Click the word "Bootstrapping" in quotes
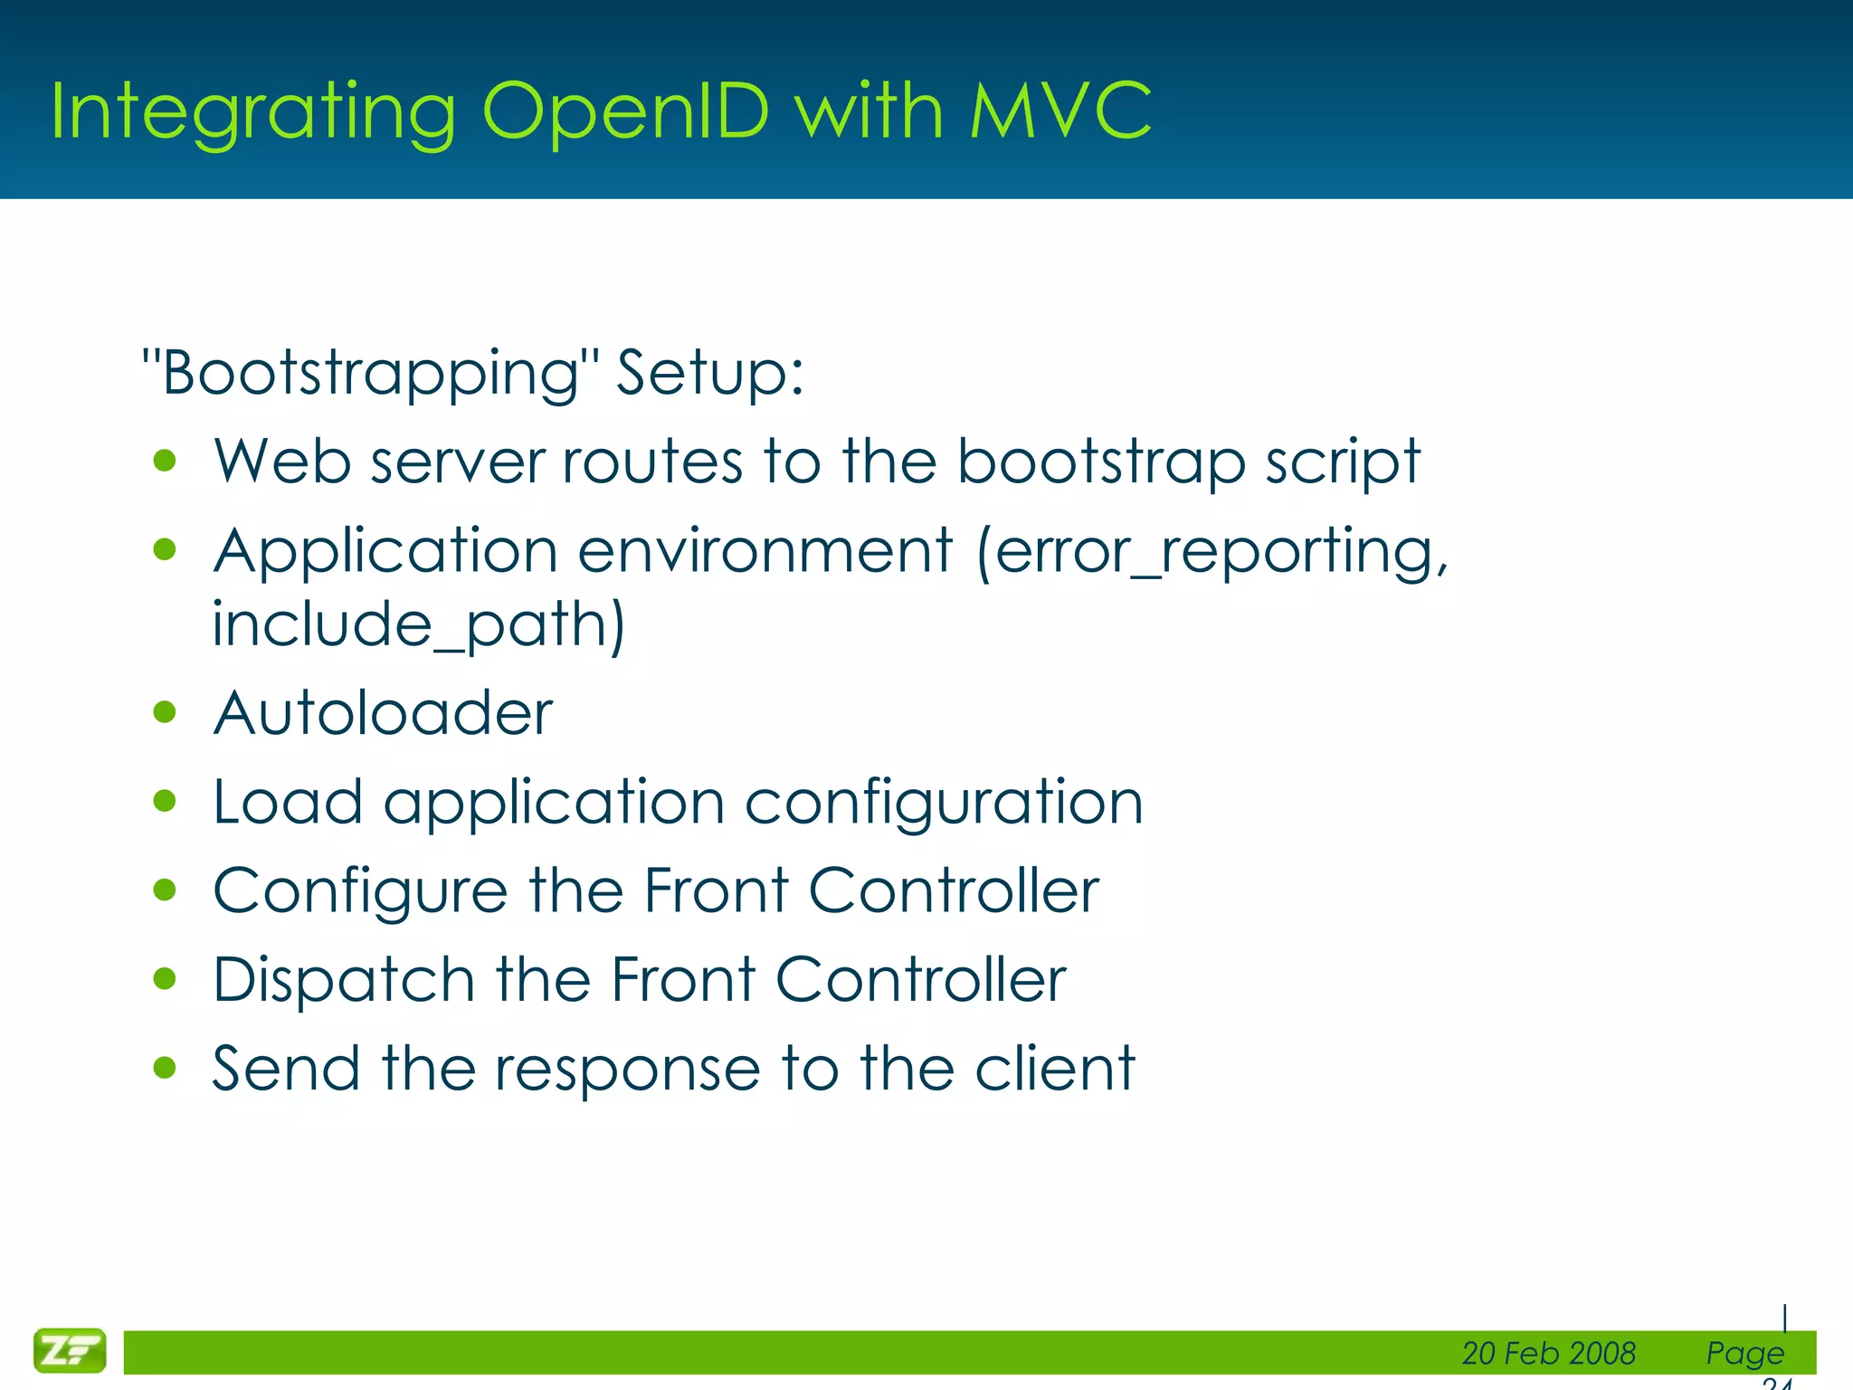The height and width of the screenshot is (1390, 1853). pyautogui.click(x=371, y=373)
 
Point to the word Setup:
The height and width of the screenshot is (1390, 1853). pyautogui.click(x=709, y=373)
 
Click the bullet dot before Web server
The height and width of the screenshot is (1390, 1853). pyautogui.click(x=165, y=462)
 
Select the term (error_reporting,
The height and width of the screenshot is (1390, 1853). pyautogui.click(x=1212, y=552)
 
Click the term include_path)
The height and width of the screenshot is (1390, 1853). pyautogui.click(x=418, y=624)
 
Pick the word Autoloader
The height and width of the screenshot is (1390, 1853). pyautogui.click(x=383, y=713)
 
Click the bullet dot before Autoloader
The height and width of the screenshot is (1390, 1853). pyautogui.click(x=165, y=712)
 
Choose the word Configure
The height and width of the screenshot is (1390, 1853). pyautogui.click(x=360, y=892)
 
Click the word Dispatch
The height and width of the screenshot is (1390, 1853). pyautogui.click(x=344, y=980)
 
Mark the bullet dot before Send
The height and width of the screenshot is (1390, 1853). pyautogui.click(x=165, y=1068)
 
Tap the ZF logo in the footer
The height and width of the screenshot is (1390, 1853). pyautogui.click(x=70, y=1351)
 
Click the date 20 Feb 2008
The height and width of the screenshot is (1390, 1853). pyautogui.click(x=1548, y=1353)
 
